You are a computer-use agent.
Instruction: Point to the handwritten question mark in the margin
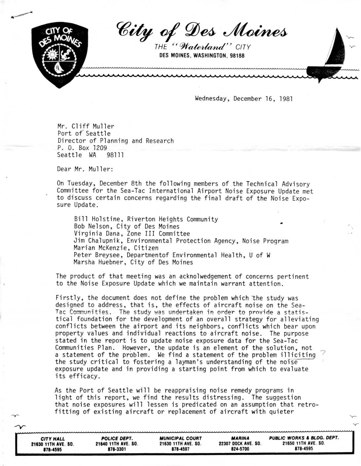[x=324, y=353]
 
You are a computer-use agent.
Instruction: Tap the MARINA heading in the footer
[x=240, y=438]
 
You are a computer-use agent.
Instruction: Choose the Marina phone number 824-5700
[x=240, y=449]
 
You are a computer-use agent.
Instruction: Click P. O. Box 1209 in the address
[x=82, y=148]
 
